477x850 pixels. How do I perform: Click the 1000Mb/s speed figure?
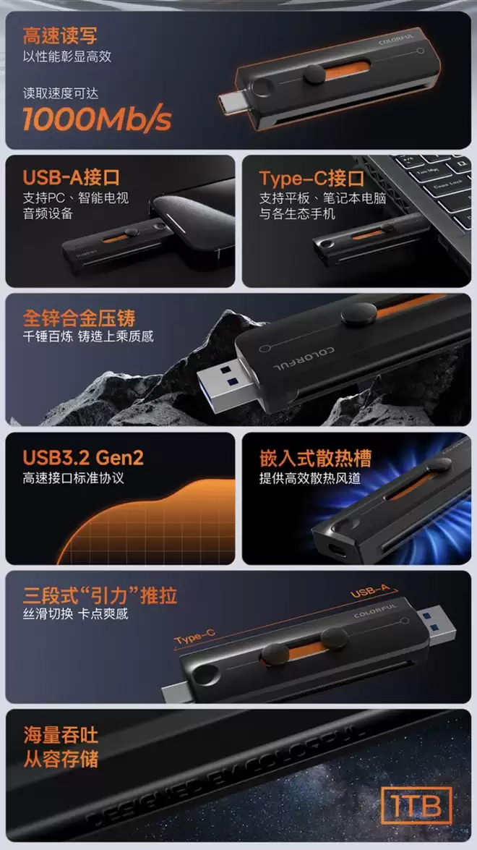click(x=97, y=119)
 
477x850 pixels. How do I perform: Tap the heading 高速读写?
click(x=60, y=35)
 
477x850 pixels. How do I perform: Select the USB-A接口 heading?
click(x=72, y=177)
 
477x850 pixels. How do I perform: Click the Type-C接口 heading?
click(x=311, y=179)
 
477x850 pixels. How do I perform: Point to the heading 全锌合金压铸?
click(x=79, y=318)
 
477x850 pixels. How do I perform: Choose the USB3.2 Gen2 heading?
click(x=83, y=457)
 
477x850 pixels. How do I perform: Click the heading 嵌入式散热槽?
click(x=316, y=458)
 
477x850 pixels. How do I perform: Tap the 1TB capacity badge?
click(x=416, y=806)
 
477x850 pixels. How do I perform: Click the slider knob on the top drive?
click(x=314, y=74)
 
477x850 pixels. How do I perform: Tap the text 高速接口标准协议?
click(x=74, y=478)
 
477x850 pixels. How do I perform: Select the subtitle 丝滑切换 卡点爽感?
click(x=75, y=614)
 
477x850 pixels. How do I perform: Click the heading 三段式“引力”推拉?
click(x=100, y=596)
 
